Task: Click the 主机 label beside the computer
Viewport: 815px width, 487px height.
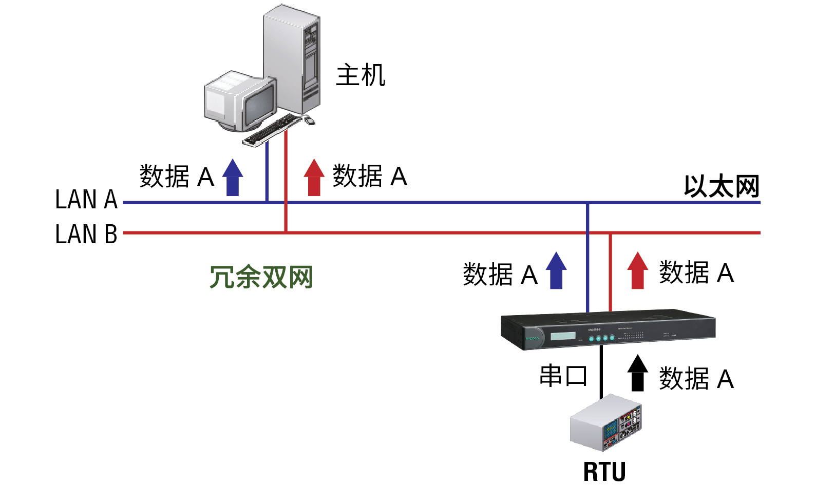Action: click(x=361, y=75)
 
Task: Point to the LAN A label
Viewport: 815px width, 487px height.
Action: click(x=86, y=200)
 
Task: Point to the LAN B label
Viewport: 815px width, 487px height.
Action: click(x=86, y=235)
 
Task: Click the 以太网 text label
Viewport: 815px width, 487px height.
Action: click(x=721, y=186)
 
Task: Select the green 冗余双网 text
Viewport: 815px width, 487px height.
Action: click(x=261, y=277)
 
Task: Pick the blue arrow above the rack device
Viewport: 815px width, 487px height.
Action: click(x=556, y=270)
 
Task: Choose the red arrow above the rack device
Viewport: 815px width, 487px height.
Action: click(x=638, y=270)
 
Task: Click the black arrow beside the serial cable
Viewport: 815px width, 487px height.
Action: click(x=638, y=373)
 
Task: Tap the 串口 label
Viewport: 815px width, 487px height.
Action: click(x=563, y=376)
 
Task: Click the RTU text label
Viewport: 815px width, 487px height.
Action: click(x=604, y=472)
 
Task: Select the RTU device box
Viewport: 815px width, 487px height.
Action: click(x=606, y=423)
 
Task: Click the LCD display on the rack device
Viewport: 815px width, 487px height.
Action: click(x=563, y=336)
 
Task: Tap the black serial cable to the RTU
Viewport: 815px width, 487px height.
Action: click(x=601, y=372)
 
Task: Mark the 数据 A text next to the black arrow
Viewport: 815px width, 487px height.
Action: click(x=696, y=379)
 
